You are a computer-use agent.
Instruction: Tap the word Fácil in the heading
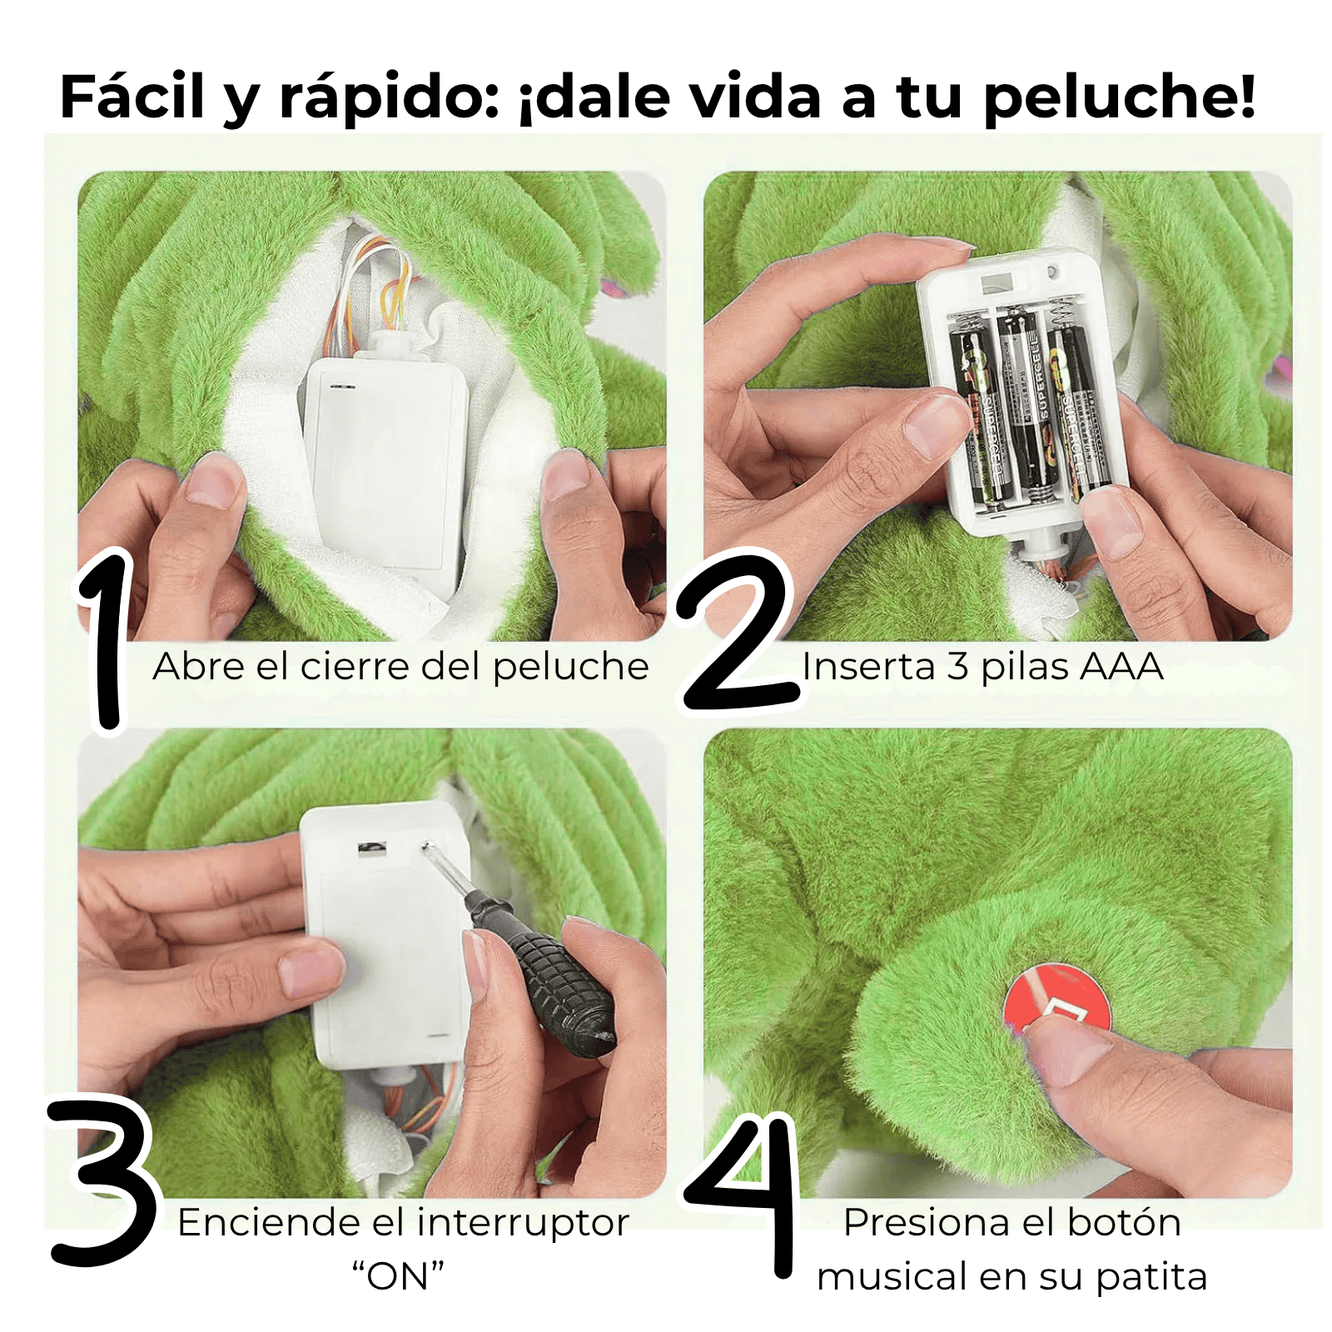(x=132, y=97)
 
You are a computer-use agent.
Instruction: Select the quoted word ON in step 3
(x=398, y=1276)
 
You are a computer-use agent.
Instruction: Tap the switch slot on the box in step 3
(x=371, y=847)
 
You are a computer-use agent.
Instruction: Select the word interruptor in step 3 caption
(x=523, y=1223)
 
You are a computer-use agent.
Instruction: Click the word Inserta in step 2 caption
(x=868, y=667)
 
